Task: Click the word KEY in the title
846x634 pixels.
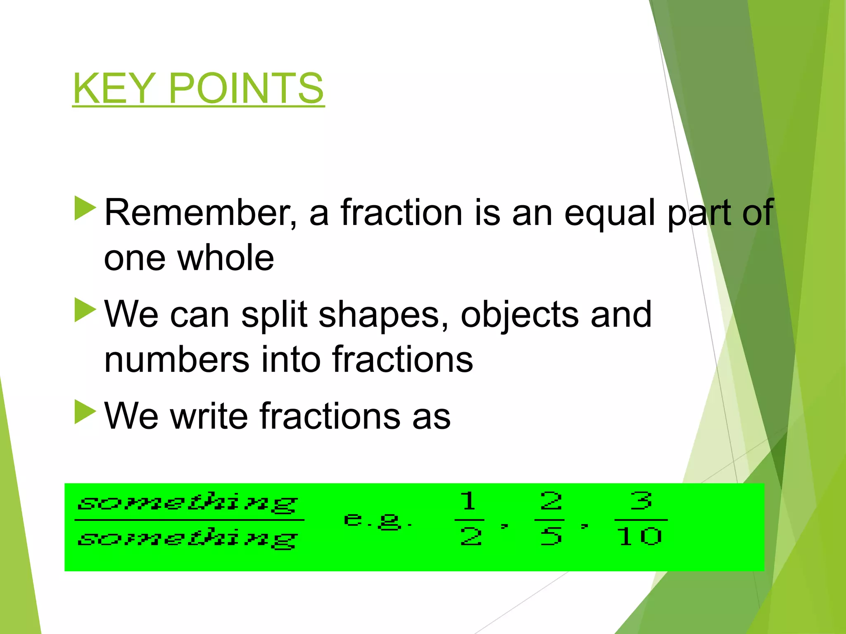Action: pos(114,88)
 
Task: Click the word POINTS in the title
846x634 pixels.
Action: pos(246,88)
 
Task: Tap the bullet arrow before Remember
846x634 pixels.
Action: pos(85,208)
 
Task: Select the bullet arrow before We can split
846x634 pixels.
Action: pos(85,310)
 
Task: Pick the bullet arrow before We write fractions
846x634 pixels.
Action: pos(85,412)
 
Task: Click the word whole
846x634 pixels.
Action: pos(226,258)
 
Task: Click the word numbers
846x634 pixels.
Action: pos(176,360)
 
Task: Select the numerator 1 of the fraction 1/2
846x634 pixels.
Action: pos(468,501)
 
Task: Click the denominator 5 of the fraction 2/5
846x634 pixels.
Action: pos(551,537)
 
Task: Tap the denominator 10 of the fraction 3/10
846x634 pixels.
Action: pos(639,537)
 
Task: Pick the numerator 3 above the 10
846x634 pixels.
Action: pos(642,501)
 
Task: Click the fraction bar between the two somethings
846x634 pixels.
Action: pos(189,520)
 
